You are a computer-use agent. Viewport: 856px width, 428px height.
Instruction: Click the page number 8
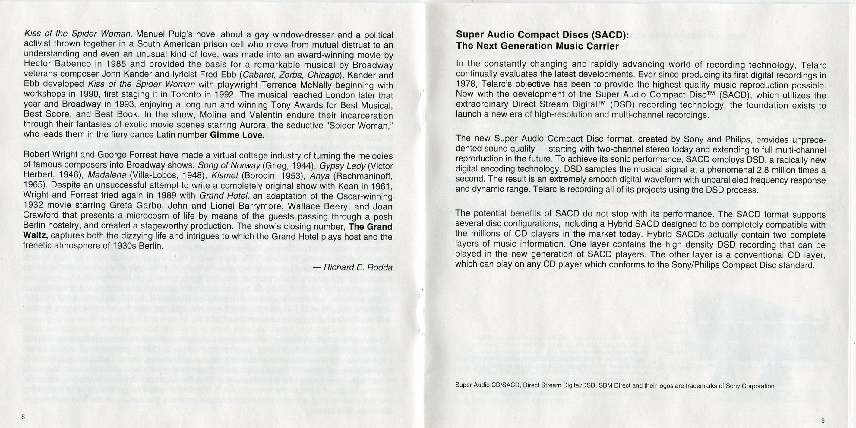23,417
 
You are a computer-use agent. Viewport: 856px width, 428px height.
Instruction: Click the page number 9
823,421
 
